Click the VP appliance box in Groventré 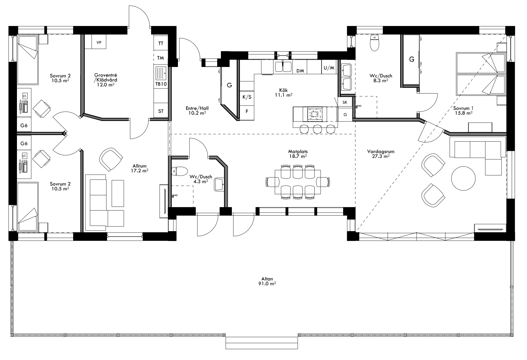coord(99,42)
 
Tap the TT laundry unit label coord(161,44)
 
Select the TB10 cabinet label coord(161,84)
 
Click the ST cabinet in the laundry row coord(161,111)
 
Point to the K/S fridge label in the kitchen coord(247,97)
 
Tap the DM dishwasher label coord(300,71)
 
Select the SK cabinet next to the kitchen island coord(345,102)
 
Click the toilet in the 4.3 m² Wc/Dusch coord(180,171)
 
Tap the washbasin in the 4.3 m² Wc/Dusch coord(219,184)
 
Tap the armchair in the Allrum coord(111,159)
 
